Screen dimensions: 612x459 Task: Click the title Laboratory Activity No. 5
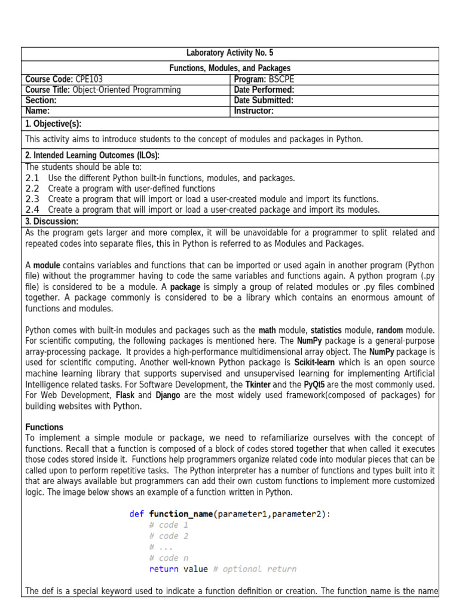coord(229,53)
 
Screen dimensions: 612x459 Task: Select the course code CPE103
coord(93,79)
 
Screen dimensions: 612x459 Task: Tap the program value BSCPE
coord(281,79)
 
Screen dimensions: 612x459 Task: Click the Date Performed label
coord(264,90)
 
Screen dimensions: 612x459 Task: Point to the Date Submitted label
coord(264,100)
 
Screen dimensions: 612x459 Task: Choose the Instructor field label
coord(254,111)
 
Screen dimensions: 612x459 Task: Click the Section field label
coord(41,100)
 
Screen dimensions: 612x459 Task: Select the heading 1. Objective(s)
coord(53,124)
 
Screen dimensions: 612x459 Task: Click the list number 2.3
coord(32,199)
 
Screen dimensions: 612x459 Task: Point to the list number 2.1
coord(32,178)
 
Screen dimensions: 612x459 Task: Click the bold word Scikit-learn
coord(314,363)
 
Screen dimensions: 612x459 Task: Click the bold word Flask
coord(124,395)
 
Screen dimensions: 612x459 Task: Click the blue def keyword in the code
coord(136,514)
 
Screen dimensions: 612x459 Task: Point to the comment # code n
coord(169,558)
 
